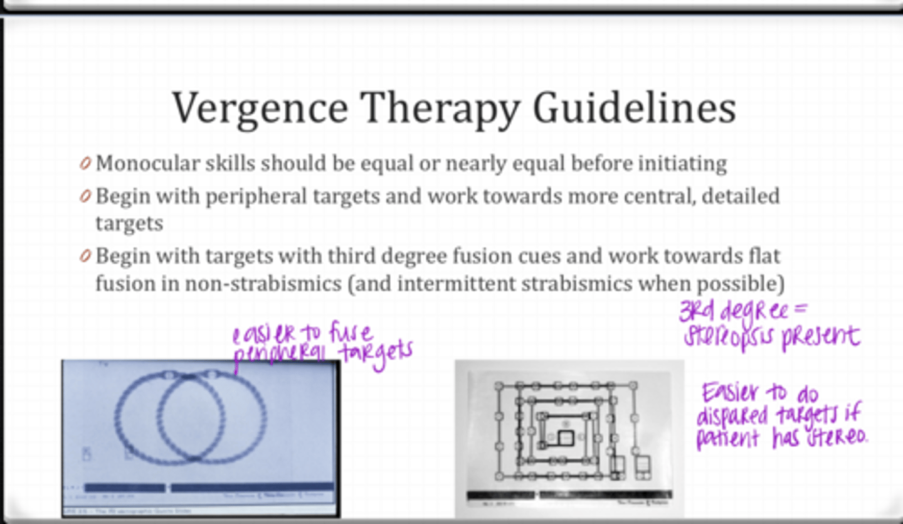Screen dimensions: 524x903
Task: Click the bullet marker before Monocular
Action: tap(85, 164)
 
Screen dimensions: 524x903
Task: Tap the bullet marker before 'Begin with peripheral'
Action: tap(85, 196)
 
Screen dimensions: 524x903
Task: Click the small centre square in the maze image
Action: tap(566, 437)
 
